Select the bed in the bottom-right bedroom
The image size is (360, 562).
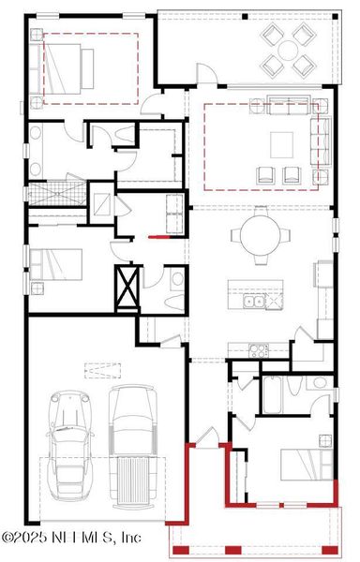click(301, 464)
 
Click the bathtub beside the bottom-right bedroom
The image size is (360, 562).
click(273, 393)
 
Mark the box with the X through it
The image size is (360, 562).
click(127, 287)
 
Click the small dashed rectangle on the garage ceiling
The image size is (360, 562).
click(96, 366)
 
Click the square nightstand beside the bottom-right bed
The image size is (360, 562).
click(324, 440)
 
